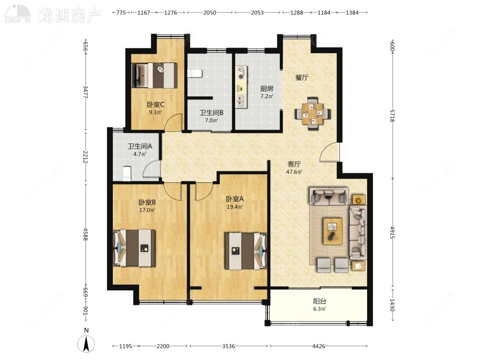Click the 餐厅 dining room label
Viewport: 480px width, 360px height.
point(302,77)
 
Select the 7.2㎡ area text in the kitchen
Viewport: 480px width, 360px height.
point(266,96)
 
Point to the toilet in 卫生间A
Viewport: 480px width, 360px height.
point(127,174)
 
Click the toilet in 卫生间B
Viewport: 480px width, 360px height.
point(195,73)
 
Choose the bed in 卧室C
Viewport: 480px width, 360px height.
point(155,76)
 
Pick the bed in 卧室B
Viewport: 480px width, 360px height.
point(134,248)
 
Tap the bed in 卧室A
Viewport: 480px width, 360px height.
point(246,251)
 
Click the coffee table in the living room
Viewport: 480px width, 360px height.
point(333,231)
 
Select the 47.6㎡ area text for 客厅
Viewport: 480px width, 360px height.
point(294,172)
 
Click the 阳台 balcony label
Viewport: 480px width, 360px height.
point(319,301)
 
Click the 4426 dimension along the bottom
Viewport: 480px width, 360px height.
point(319,346)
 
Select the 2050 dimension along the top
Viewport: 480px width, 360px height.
point(210,12)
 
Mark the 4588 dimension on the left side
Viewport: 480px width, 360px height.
point(85,234)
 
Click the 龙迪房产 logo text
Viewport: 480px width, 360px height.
point(70,15)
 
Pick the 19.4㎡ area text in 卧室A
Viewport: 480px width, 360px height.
point(235,207)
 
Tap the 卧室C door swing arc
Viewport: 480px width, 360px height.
point(171,118)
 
